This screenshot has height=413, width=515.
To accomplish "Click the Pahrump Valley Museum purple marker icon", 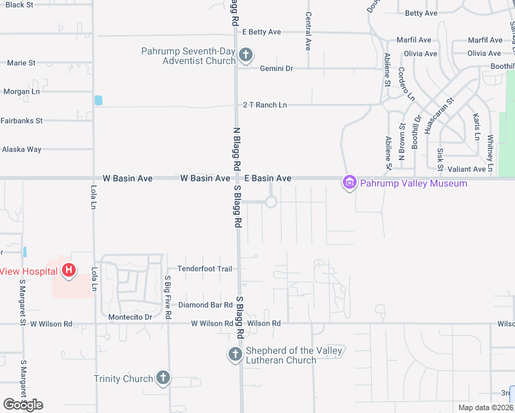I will [x=349, y=182].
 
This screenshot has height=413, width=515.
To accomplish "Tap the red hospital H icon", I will [x=68, y=271].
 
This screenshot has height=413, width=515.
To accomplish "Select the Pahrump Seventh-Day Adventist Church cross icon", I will [x=245, y=55].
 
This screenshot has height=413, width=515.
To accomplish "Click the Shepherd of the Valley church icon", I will [x=235, y=355].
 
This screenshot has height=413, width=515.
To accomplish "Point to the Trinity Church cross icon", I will [x=162, y=377].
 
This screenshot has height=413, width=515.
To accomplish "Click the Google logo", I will [x=23, y=404].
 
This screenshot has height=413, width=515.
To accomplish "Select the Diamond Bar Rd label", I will [x=205, y=304].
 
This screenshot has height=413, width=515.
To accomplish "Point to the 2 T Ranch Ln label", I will [x=264, y=105].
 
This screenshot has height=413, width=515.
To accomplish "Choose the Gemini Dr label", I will [x=276, y=68].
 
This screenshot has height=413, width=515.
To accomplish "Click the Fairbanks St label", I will [x=21, y=120].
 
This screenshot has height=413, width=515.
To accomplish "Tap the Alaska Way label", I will [x=21, y=149].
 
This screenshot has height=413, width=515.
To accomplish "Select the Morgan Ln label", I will [x=21, y=92].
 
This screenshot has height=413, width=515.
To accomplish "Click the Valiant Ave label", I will [x=466, y=169].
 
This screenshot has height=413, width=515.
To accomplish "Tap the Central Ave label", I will [x=308, y=30].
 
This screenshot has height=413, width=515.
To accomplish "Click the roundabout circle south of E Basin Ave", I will [x=271, y=202].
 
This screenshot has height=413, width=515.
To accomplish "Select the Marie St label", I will [x=21, y=63].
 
